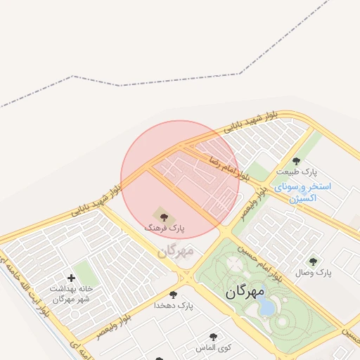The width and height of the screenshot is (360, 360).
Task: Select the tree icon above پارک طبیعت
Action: tap(296, 161)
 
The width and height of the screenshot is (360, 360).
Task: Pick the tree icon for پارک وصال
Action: tap(313, 261)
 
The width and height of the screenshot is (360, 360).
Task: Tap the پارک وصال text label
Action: tap(314, 271)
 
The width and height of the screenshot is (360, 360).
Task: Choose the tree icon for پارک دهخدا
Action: tap(173, 295)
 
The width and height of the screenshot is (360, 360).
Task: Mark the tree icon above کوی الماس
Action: tap(213, 337)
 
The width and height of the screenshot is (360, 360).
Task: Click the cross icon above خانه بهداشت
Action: tap(71, 278)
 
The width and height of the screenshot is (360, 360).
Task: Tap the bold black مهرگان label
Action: tap(245, 291)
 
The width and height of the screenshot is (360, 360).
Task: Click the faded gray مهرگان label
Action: tap(175, 250)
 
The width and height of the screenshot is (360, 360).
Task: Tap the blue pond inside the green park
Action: tap(266, 306)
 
